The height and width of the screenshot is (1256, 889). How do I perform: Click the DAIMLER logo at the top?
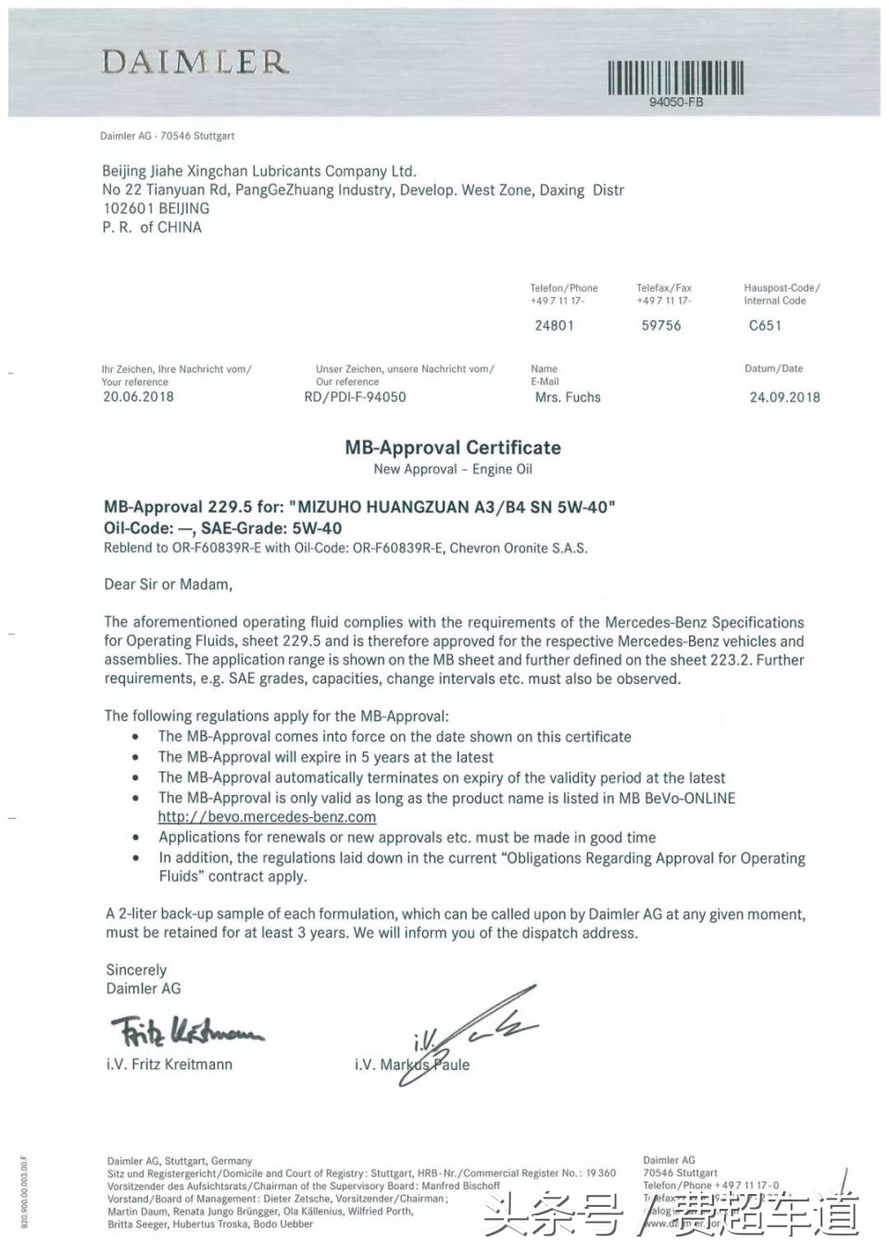[x=194, y=62]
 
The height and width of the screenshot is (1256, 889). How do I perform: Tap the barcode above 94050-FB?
[x=675, y=78]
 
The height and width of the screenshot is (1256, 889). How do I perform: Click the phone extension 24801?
[x=554, y=326]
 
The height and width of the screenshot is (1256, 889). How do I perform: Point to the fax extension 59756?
[x=661, y=326]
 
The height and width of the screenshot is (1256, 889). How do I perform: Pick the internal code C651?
[x=765, y=326]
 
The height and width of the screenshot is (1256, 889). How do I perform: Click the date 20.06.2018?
[x=138, y=397]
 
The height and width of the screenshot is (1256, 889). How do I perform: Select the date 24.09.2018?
[x=784, y=398]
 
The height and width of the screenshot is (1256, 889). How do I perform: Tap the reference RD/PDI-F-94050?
[x=360, y=397]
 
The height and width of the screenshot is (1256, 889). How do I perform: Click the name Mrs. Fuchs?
[x=568, y=398]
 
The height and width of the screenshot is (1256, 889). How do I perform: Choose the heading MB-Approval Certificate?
[x=453, y=448]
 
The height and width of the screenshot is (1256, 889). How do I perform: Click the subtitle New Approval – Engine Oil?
[x=453, y=469]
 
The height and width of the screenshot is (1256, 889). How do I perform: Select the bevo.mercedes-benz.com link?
[x=267, y=817]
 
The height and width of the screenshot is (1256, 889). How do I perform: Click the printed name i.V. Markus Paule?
[x=411, y=1065]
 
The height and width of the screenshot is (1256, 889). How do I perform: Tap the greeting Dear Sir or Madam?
[x=168, y=585]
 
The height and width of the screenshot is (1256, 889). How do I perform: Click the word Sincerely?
[x=136, y=970]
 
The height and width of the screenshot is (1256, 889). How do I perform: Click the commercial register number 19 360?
[x=600, y=1173]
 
